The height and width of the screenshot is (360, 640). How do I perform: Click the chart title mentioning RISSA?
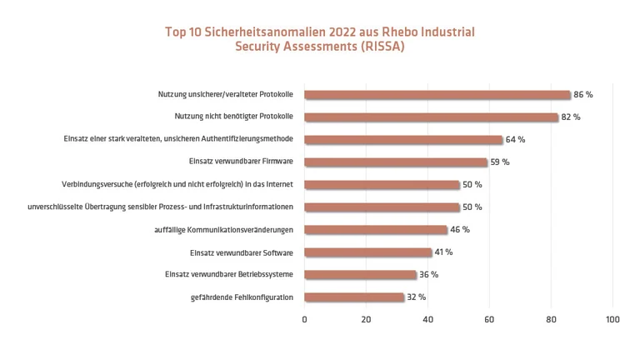(320, 39)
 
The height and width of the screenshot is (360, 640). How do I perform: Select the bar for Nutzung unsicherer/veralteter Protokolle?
(437, 95)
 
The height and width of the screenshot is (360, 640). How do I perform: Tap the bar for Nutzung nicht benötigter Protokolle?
(431, 117)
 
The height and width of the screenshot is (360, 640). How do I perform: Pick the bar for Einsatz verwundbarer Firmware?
(396, 162)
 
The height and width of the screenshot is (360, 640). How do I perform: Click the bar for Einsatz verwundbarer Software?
(367, 252)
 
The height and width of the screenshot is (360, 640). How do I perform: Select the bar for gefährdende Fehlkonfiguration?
(354, 297)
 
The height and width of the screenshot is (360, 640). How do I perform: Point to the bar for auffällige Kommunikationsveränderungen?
(376, 229)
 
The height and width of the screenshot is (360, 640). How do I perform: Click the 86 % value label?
(583, 95)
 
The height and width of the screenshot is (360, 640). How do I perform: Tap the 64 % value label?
(515, 140)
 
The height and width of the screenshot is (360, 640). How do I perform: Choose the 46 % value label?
(460, 229)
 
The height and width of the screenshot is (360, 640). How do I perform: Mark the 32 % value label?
(417, 297)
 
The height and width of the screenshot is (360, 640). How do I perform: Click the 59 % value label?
(500, 162)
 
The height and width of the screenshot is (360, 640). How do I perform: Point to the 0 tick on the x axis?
(304, 319)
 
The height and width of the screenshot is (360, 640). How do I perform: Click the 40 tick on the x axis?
(427, 319)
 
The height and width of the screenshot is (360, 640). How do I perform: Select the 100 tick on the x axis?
(612, 319)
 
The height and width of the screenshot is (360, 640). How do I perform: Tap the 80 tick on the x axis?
(551, 319)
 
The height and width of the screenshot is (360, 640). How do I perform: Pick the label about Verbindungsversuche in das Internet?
(177, 184)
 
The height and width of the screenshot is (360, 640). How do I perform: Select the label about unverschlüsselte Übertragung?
(161, 207)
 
